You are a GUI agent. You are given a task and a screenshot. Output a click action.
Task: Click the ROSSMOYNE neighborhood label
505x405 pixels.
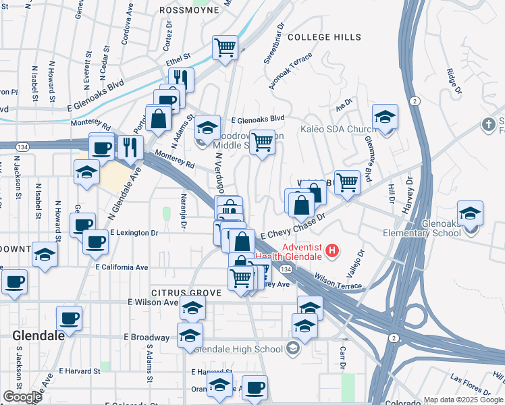pyautogui.click(x=190, y=10)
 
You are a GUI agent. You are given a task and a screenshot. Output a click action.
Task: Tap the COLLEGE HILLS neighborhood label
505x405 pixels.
pyautogui.click(x=325, y=37)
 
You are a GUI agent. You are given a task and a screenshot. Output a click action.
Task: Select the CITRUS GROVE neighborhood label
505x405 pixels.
pyautogui.click(x=184, y=292)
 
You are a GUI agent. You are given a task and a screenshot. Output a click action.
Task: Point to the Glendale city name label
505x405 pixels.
pyautogui.click(x=38, y=335)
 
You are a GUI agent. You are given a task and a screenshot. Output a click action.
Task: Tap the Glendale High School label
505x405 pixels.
pyautogui.click(x=238, y=349)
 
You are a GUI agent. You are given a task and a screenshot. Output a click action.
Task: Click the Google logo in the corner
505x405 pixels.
pyautogui.click(x=22, y=397)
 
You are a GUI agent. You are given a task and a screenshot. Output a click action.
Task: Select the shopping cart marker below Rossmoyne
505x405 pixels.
pyautogui.click(x=225, y=47)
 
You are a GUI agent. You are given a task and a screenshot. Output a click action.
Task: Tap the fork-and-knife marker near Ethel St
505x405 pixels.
pyautogui.click(x=180, y=78)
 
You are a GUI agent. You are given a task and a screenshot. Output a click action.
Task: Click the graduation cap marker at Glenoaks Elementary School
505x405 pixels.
pyautogui.click(x=470, y=213)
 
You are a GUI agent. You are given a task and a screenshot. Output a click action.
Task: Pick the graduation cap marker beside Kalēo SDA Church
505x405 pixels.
pyautogui.click(x=385, y=117)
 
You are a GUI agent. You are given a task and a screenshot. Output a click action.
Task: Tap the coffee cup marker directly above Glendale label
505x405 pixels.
pyautogui.click(x=69, y=317)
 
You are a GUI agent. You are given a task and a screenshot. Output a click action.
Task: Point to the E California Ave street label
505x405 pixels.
pyautogui.click(x=122, y=267)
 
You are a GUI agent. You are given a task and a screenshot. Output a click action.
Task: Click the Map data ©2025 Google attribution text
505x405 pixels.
pyautogui.click(x=463, y=400)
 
